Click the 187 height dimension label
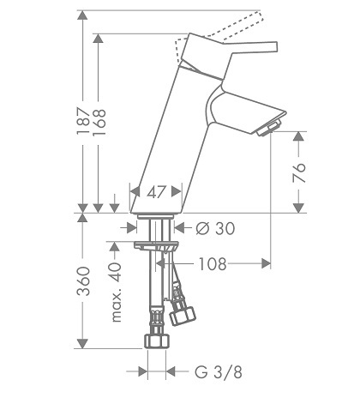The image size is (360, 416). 83,121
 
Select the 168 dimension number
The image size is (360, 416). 99,122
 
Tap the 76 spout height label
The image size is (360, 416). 299,173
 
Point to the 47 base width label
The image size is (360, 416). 156,192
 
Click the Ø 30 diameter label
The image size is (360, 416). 215,228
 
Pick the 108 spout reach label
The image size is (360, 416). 213,264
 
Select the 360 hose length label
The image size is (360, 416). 84,281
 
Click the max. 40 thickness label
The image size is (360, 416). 117,292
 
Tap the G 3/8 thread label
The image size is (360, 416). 219,372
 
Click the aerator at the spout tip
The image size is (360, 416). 269,129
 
